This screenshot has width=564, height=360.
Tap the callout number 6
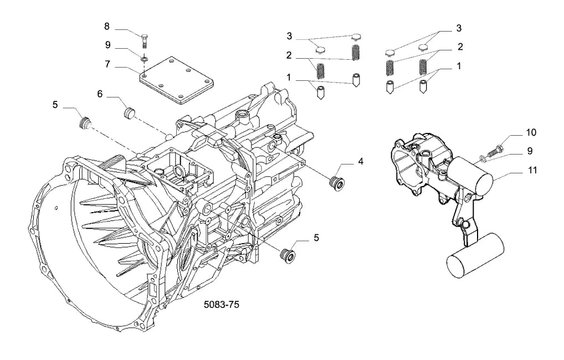pyautogui.click(x=100, y=94)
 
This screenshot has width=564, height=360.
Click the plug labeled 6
pyautogui.click(x=129, y=112)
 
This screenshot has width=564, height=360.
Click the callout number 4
pyautogui.click(x=361, y=162)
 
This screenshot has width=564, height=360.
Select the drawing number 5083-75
pyautogui.click(x=221, y=305)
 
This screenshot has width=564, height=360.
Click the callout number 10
pyautogui.click(x=531, y=132)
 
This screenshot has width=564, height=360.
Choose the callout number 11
pyautogui.click(x=531, y=169)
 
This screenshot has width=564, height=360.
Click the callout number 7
pyautogui.click(x=107, y=64)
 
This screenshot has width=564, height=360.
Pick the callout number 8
pyautogui.click(x=107, y=26)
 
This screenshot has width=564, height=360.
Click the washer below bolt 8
pyautogui.click(x=145, y=58)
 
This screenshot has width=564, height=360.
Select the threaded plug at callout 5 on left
pyautogui.click(x=84, y=123)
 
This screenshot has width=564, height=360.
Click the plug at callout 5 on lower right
pyautogui.click(x=288, y=255)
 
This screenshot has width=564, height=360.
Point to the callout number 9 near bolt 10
pyautogui.click(x=530, y=151)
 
